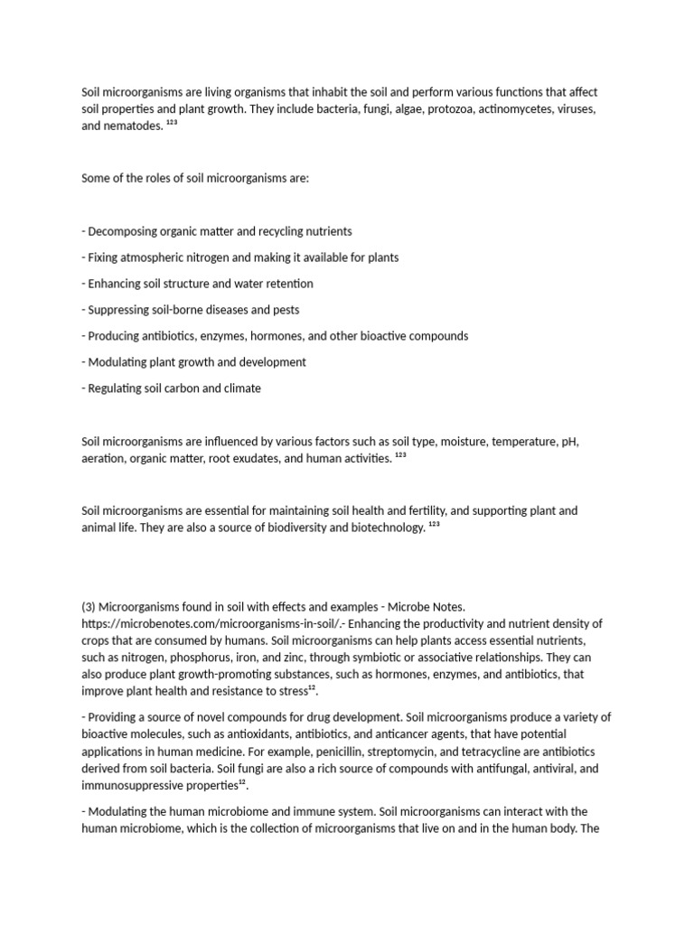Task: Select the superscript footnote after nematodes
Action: click(172, 123)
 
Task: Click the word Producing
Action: click(115, 336)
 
